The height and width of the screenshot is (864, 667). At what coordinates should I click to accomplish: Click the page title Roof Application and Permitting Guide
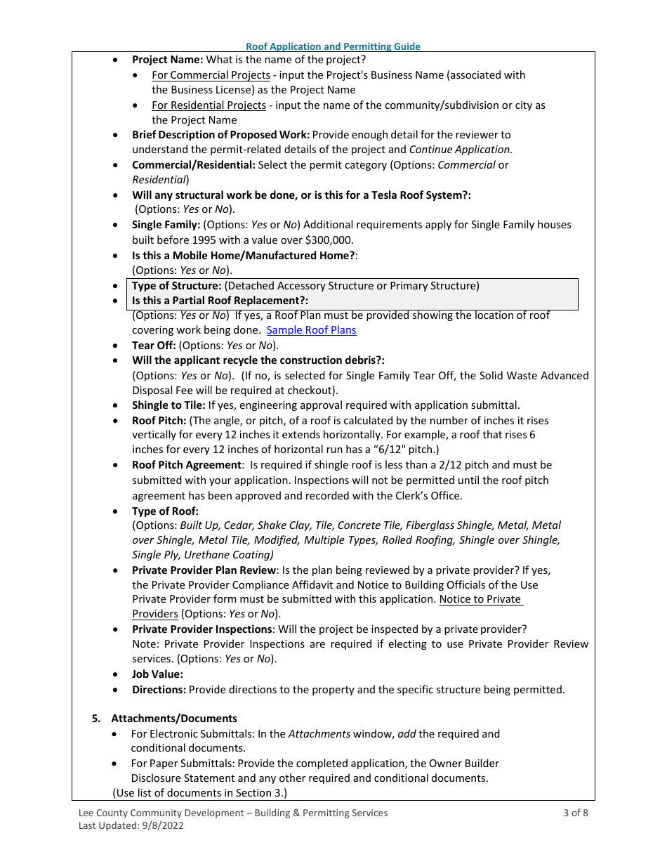click(x=333, y=46)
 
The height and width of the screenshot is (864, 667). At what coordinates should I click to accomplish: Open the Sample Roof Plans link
click(x=311, y=330)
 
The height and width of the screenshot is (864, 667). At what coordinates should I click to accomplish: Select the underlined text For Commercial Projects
click(x=211, y=75)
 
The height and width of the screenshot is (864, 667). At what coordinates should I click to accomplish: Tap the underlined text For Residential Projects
click(x=209, y=105)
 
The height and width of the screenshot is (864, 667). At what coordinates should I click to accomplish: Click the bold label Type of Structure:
click(x=177, y=286)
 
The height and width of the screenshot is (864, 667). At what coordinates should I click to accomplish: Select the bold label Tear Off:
click(x=154, y=346)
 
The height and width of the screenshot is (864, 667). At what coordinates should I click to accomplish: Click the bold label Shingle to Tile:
click(x=169, y=405)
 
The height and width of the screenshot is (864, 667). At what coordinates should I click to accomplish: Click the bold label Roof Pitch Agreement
click(x=186, y=465)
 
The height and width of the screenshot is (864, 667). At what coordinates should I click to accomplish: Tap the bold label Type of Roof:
click(x=165, y=511)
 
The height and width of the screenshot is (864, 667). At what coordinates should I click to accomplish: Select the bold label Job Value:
click(x=157, y=674)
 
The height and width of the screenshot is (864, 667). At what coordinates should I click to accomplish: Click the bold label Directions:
click(x=159, y=690)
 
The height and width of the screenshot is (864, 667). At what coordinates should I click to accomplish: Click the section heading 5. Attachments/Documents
click(x=166, y=719)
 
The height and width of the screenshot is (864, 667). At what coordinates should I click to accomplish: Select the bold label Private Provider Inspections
click(x=202, y=629)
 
